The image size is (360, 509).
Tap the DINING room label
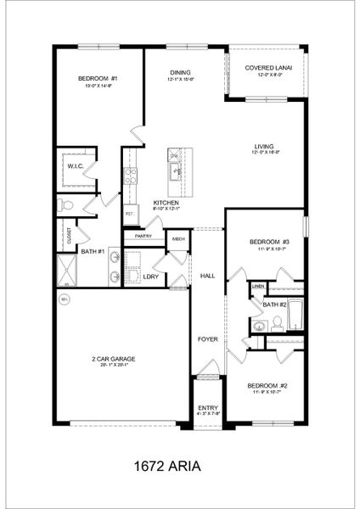coord(180,73)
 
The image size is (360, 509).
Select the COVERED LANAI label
coord(264,68)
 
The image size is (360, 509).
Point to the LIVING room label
coord(263,147)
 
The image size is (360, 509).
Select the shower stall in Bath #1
coord(66,271)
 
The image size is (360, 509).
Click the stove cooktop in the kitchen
coord(131,176)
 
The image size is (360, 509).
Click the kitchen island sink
coord(176,172)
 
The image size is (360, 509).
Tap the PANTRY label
coord(143,236)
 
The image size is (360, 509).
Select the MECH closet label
coord(178,239)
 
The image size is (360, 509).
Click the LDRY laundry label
coord(151,277)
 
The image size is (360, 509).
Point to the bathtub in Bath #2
coord(294,316)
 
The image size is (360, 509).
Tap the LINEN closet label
coord(257,287)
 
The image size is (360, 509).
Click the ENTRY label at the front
coord(208,408)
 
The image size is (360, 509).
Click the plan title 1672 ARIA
coord(179,466)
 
